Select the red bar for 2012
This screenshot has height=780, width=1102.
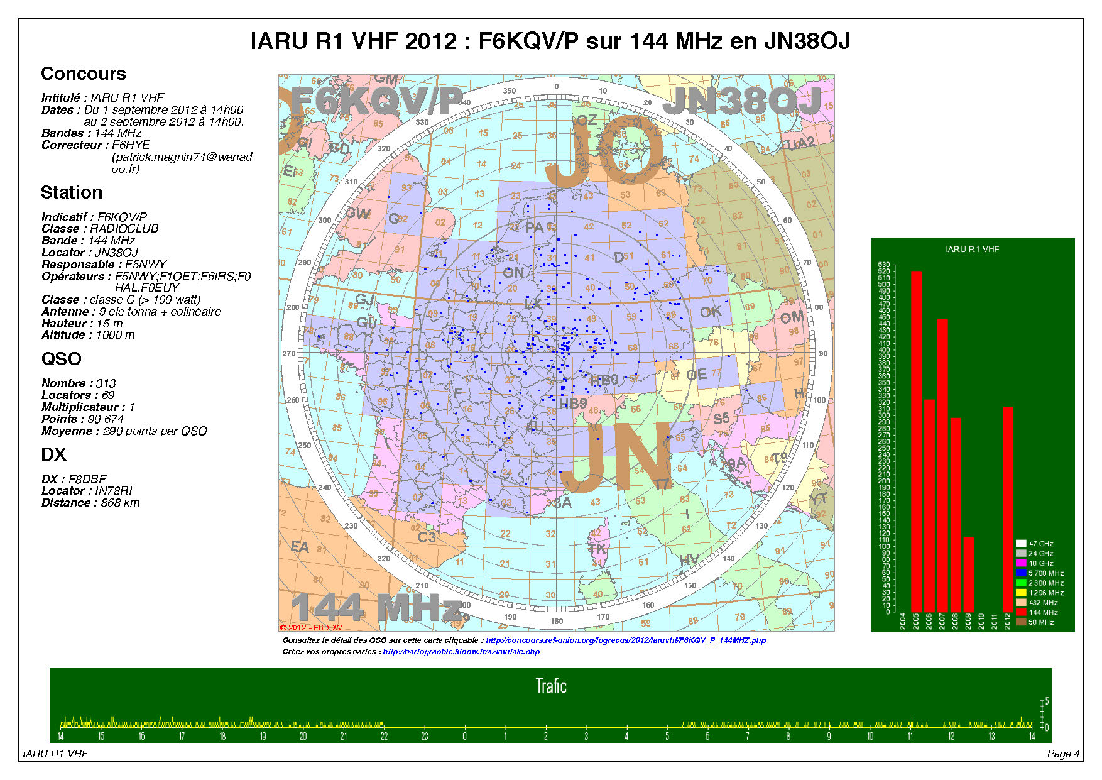click(1008, 509)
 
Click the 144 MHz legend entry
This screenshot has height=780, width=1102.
click(1043, 612)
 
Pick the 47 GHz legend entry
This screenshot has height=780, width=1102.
click(1040, 544)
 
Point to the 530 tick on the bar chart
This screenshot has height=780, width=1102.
click(884, 265)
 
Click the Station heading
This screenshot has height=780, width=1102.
click(72, 192)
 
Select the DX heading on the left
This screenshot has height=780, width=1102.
click(53, 454)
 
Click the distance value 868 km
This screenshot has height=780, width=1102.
click(120, 503)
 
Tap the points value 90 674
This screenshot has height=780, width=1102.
click(106, 419)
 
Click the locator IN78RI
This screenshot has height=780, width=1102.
click(114, 491)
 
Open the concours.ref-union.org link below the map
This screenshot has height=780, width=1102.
click(626, 640)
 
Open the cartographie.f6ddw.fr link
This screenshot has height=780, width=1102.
click(461, 652)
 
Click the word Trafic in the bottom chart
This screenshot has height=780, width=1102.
click(551, 686)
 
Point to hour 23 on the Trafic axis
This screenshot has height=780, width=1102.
click(424, 736)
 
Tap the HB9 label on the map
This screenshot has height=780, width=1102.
click(573, 403)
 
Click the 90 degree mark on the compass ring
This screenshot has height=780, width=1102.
click(822, 354)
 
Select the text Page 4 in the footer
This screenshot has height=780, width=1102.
click(1063, 754)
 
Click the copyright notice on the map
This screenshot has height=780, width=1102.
click(311, 627)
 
